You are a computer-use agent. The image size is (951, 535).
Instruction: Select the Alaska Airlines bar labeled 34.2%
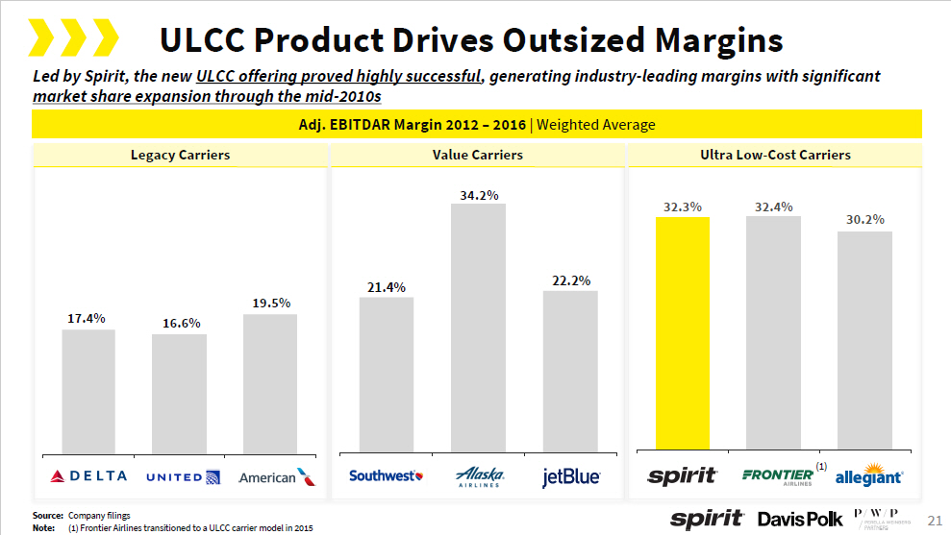pyautogui.click(x=478, y=327)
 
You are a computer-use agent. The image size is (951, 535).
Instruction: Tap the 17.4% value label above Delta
pyautogui.click(x=87, y=318)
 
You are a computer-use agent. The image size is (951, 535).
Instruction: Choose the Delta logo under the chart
pyautogui.click(x=88, y=476)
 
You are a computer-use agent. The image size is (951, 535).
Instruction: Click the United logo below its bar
pyautogui.click(x=184, y=476)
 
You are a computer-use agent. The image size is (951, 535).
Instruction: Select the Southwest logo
pyautogui.click(x=386, y=475)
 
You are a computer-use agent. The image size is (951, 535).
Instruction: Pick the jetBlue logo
pyautogui.click(x=571, y=476)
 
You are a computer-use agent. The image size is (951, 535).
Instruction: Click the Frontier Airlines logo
pyautogui.click(x=779, y=476)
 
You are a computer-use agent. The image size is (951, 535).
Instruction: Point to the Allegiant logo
pyautogui.click(x=868, y=477)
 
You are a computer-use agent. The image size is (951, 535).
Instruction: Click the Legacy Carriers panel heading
pyautogui.click(x=180, y=155)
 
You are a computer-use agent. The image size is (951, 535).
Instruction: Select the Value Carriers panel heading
pyautogui.click(x=477, y=155)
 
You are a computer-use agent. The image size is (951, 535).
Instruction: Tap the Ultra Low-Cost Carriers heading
pyautogui.click(x=775, y=155)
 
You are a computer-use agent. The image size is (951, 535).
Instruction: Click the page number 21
pyautogui.click(x=933, y=520)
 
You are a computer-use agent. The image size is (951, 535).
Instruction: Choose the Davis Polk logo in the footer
pyautogui.click(x=800, y=520)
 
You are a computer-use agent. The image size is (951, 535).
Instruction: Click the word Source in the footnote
pyautogui.click(x=47, y=516)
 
